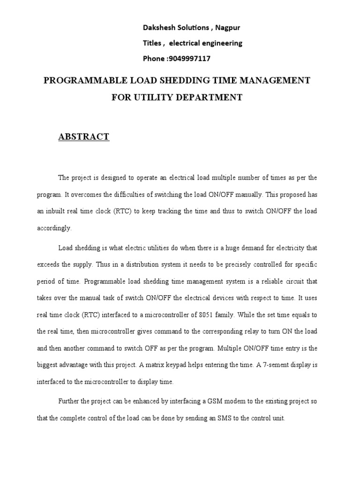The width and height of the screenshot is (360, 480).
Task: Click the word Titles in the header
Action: pos(153,43)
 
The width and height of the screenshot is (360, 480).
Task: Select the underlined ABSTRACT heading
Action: pos(83,137)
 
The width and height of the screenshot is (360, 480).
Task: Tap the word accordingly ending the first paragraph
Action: pos(54,228)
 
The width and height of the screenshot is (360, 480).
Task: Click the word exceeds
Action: pos(48,264)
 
